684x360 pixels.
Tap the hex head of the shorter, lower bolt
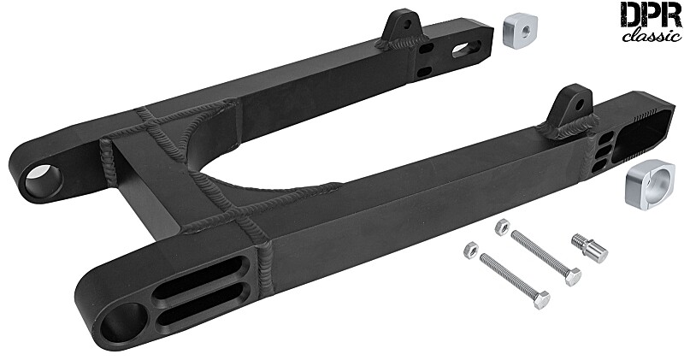[x=540, y=298]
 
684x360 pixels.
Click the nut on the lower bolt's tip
[x=469, y=250]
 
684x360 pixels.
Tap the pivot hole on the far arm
[x=44, y=180]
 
